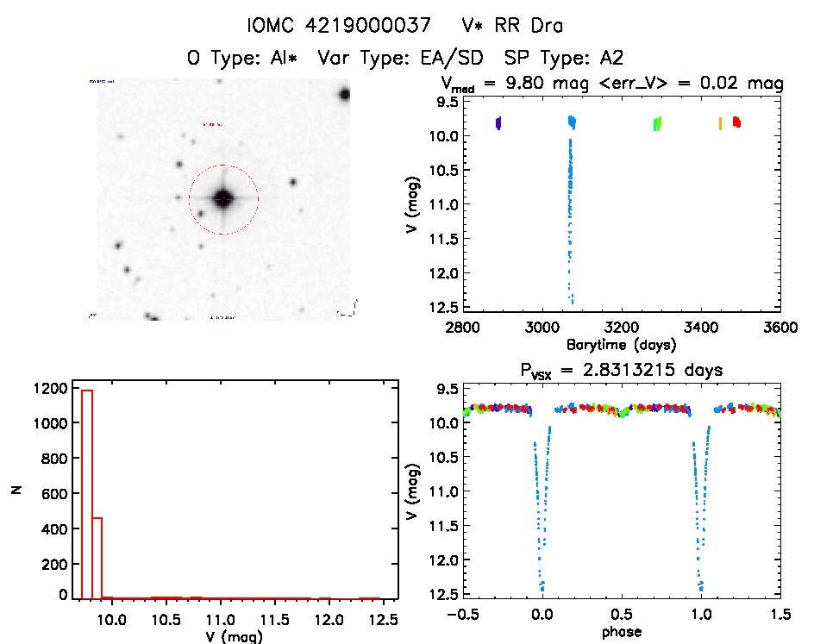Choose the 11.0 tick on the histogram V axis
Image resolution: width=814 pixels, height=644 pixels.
pyautogui.click(x=222, y=618)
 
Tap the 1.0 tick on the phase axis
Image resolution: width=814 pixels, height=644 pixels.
pyautogui.click(x=701, y=616)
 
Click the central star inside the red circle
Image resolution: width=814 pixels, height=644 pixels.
pyautogui.click(x=223, y=199)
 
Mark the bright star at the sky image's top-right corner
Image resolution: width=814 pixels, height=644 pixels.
pyautogui.click(x=344, y=94)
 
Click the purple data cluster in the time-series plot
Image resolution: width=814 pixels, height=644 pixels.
pyautogui.click(x=498, y=123)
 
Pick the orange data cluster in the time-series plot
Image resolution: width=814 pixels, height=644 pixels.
pyautogui.click(x=720, y=123)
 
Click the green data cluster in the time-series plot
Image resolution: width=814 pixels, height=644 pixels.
pyautogui.click(x=657, y=123)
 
